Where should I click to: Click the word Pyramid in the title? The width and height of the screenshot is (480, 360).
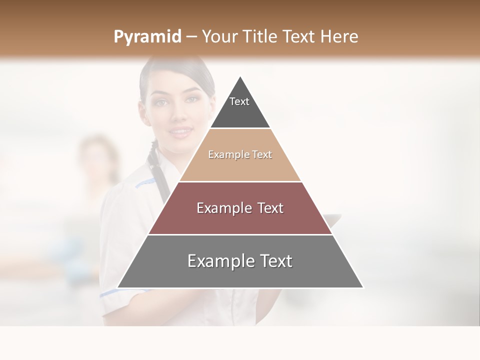pyautogui.click(x=147, y=37)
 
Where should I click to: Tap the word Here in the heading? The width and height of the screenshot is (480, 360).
pyautogui.click(x=339, y=36)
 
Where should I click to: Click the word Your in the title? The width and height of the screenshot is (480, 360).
pyautogui.click(x=220, y=36)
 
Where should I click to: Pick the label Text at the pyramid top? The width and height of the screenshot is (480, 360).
pyautogui.click(x=239, y=101)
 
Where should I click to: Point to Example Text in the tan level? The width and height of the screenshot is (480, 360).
pyautogui.click(x=240, y=154)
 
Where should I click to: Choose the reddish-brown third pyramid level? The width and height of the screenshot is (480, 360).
pyautogui.click(x=170, y=220)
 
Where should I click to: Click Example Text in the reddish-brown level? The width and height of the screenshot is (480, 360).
pyautogui.click(x=240, y=208)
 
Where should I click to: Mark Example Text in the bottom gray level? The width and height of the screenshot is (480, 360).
pyautogui.click(x=240, y=261)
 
